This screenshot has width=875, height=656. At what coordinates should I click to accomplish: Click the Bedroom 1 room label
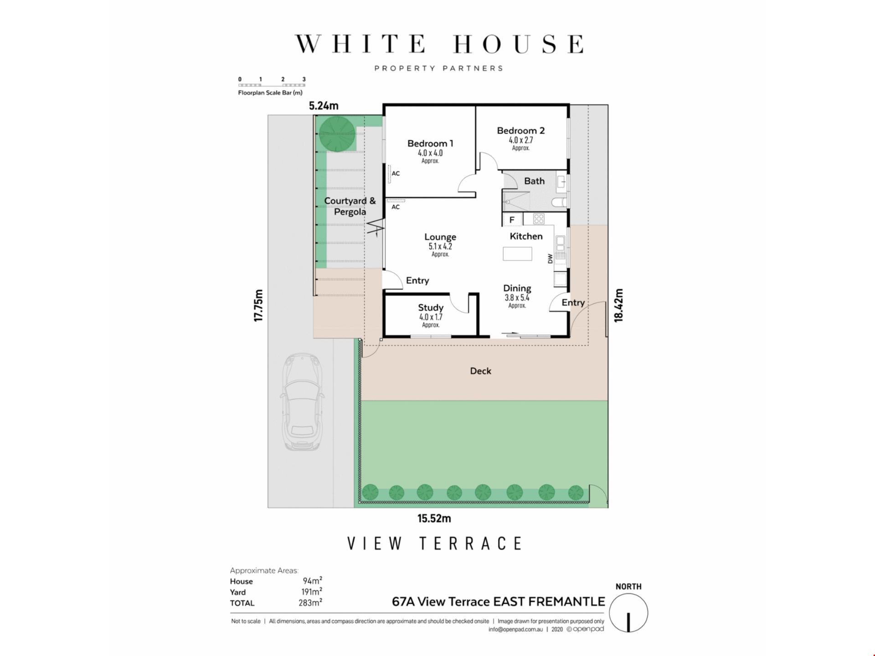(430, 143)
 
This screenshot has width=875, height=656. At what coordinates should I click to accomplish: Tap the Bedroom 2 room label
(520, 131)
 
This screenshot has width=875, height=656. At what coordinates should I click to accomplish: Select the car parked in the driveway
(302, 402)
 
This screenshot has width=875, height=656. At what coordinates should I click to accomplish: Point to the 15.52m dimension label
(434, 518)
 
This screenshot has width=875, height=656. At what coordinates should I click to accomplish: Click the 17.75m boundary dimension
(258, 305)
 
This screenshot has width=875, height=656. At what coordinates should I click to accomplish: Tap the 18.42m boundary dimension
(618, 305)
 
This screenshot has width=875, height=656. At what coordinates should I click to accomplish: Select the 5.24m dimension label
(324, 106)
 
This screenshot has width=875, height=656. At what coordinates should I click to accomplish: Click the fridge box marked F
(512, 220)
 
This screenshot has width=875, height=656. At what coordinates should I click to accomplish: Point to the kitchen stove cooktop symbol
(539, 219)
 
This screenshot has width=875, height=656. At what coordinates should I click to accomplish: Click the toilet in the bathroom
(559, 202)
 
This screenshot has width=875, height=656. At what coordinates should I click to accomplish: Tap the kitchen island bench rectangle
(517, 254)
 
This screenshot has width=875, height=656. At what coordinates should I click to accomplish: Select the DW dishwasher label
(550, 259)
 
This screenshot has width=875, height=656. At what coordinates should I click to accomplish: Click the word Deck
(480, 371)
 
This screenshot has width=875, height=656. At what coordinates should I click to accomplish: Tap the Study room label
(431, 307)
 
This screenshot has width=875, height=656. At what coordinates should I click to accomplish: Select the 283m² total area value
(310, 603)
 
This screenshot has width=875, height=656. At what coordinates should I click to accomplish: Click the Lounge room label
(440, 237)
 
